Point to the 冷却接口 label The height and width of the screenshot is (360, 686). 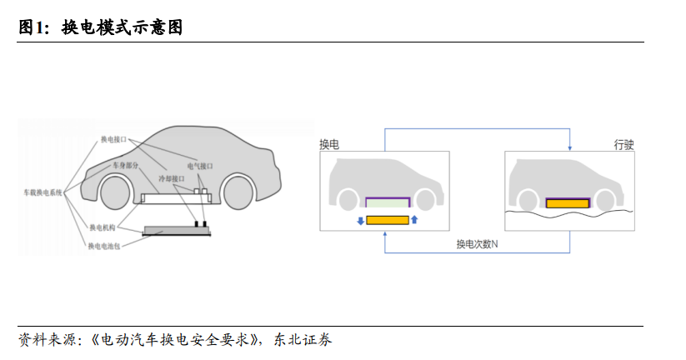[172, 178]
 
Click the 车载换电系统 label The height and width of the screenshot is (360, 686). [43, 192]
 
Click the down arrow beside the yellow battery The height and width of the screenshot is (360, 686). [359, 220]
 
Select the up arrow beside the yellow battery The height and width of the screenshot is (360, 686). [414, 220]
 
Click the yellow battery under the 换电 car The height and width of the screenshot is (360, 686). [387, 220]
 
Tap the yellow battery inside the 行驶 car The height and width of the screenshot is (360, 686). [567, 202]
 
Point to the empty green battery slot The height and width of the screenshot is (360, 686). [387, 202]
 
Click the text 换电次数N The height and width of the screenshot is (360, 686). [476, 244]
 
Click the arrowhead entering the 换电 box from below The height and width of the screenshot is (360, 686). [384, 234]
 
